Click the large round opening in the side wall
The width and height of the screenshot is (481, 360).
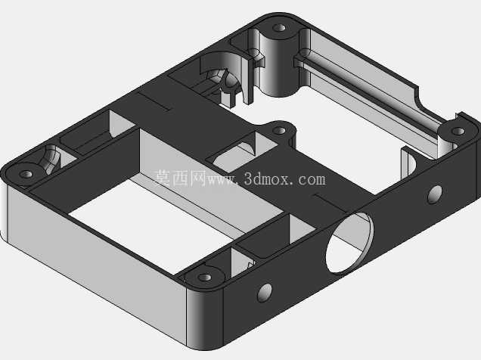click(x=349, y=242)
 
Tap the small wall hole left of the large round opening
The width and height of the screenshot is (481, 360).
click(x=265, y=293)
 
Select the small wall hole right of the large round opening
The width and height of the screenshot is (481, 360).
click(x=435, y=194)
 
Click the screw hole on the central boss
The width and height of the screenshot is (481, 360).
click(x=279, y=131)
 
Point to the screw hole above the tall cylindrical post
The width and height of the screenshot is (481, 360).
click(x=279, y=28)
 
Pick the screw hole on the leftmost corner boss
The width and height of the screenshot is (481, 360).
click(x=26, y=174)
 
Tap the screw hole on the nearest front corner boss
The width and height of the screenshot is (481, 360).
click(x=205, y=278)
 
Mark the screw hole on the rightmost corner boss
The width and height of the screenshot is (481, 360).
click(x=458, y=132)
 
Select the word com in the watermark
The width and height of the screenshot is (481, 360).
click(x=312, y=179)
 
